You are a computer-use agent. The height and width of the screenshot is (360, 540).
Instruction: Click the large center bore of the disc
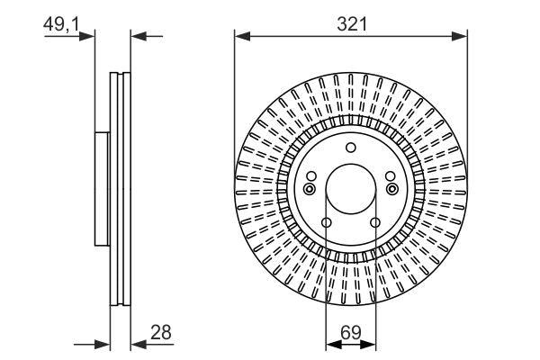(x=351, y=189)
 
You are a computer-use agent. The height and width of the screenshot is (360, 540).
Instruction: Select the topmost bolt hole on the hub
(x=351, y=148)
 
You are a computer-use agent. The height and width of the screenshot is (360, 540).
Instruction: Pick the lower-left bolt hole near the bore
(x=327, y=223)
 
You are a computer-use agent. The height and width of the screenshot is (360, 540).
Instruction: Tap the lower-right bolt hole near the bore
(x=375, y=223)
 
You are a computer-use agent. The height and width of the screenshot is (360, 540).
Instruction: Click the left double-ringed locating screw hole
(x=310, y=189)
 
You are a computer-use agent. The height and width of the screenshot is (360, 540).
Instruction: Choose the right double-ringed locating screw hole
(x=391, y=189)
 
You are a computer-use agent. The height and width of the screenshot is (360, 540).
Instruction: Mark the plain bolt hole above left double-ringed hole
(x=311, y=176)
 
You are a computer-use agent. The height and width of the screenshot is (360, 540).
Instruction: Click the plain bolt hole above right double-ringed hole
(x=391, y=176)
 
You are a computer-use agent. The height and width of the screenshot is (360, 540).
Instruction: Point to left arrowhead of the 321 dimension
(x=240, y=36)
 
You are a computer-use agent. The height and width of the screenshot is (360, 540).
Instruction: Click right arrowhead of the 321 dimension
(x=462, y=36)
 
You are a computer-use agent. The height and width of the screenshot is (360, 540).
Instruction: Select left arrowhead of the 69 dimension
(x=330, y=343)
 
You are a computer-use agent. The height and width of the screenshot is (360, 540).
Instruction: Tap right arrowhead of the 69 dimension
(x=372, y=343)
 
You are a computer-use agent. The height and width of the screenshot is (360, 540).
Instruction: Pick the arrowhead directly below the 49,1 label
(x=88, y=36)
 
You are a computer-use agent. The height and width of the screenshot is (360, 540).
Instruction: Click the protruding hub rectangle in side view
(x=102, y=189)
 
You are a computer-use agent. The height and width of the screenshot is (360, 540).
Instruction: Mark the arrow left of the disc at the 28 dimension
(x=103, y=343)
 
